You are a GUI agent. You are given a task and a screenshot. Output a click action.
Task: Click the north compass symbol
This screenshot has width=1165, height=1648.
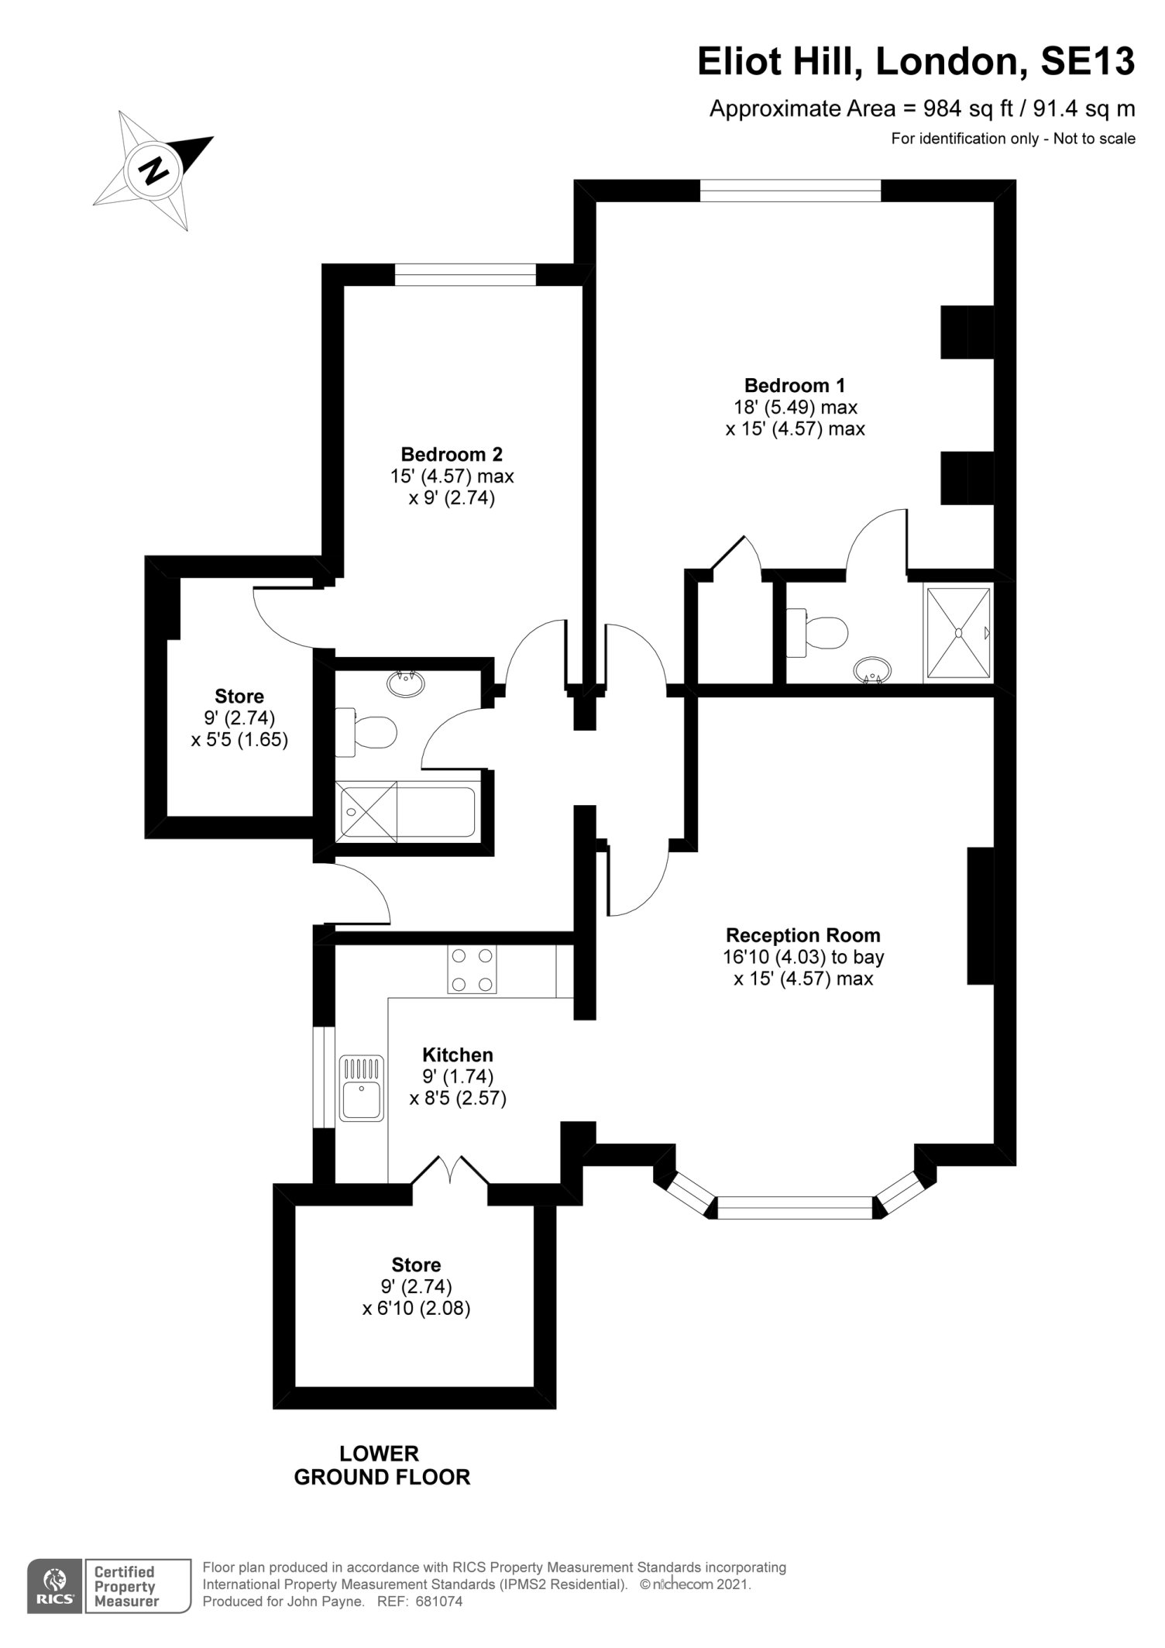pos(153,170)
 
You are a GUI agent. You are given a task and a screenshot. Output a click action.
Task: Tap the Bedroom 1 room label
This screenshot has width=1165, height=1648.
pos(795,385)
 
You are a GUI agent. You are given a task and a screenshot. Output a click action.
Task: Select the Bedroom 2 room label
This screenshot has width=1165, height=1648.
pos(452,454)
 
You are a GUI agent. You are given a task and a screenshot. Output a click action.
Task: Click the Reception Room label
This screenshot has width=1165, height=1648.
pos(803,935)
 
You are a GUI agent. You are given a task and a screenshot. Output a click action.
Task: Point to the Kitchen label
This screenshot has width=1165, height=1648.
pos(458,1055)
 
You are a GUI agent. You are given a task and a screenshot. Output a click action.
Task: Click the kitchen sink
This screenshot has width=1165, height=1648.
pos(362,1088)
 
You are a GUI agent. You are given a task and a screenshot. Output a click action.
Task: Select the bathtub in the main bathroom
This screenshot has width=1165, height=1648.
pos(406,811)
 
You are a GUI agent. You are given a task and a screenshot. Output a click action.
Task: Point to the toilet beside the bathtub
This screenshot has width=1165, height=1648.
pos(366,731)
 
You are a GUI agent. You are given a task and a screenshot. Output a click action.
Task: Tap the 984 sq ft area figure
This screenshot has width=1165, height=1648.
pos(957,108)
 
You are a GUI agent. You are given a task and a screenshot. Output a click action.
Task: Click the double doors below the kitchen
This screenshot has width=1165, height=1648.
pos(450,1170)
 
